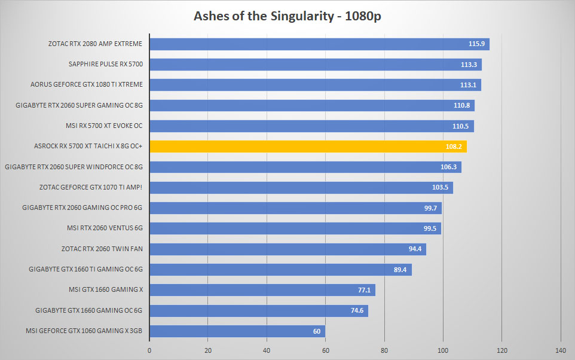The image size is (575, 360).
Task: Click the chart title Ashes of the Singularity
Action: tap(264, 16)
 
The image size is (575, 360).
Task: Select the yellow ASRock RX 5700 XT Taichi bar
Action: tap(308, 147)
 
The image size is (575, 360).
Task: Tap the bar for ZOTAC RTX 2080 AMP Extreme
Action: tap(319, 44)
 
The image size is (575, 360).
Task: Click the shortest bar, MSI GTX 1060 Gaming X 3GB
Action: tap(237, 331)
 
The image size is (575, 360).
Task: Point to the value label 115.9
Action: tap(476, 44)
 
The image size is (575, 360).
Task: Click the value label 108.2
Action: tap(454, 147)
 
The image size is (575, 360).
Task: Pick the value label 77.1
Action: tap(364, 290)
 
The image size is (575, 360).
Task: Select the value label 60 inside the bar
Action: tap(317, 331)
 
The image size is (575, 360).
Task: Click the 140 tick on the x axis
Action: tap(561, 350)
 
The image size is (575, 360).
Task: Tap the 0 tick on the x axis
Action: tap(149, 350)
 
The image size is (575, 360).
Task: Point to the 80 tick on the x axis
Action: tap(384, 350)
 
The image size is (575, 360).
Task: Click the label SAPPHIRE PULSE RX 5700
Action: tap(106, 64)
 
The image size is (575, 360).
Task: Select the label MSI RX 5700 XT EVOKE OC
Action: tap(104, 126)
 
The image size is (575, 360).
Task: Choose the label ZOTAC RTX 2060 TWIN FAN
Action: tap(102, 249)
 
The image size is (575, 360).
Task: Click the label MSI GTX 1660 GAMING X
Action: tap(106, 289)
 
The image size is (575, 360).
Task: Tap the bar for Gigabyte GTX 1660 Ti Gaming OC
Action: tap(280, 270)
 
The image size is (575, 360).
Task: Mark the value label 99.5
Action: tap(430, 228)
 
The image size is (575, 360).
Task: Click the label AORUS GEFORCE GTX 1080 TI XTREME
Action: tap(87, 84)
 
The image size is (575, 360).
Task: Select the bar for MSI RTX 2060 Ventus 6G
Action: tap(295, 228)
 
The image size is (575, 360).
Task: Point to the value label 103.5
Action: tap(440, 188)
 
